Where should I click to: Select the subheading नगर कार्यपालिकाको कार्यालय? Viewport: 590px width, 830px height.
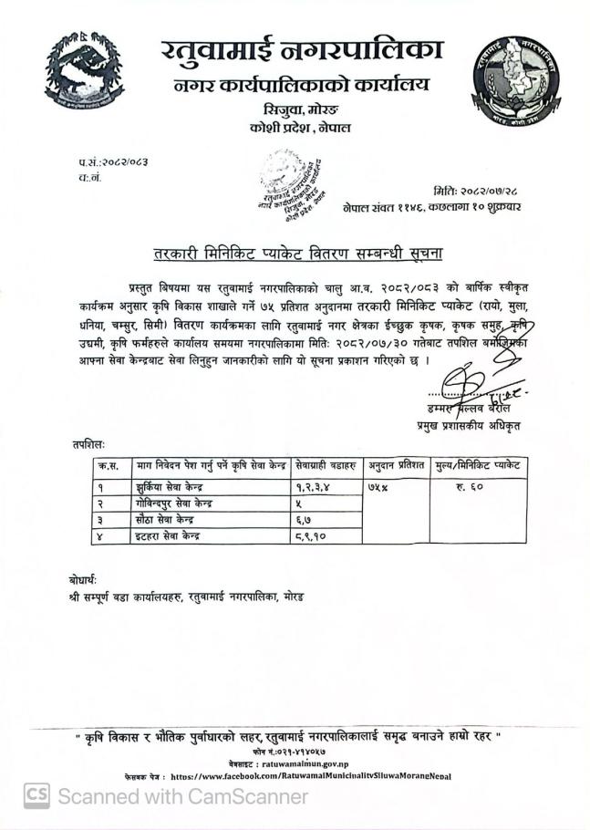[x=290, y=88]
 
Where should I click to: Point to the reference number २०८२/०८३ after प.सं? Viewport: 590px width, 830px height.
[x=124, y=161]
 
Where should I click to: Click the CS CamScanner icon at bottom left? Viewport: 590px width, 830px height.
[x=36, y=795]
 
